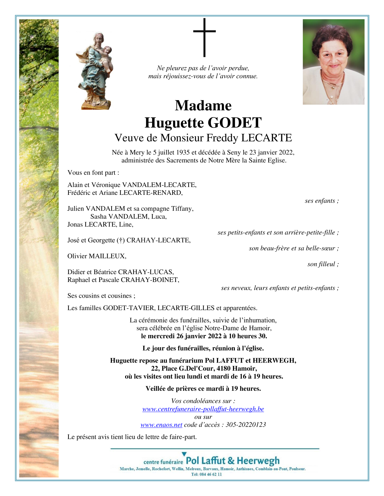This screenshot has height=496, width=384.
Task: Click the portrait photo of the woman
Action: click(x=333, y=62)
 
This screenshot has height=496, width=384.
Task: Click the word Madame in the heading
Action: click(x=203, y=105)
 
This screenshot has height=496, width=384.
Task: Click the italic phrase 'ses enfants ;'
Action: click(x=322, y=201)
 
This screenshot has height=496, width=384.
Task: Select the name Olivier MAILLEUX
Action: click(x=97, y=256)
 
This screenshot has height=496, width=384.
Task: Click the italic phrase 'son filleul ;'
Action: click(x=323, y=264)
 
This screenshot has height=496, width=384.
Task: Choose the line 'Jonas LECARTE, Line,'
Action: click(x=100, y=224)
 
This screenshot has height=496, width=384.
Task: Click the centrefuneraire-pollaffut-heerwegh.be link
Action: click(x=203, y=409)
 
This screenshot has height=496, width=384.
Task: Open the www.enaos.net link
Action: click(x=161, y=425)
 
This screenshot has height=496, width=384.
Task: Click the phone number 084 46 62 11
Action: click(x=210, y=474)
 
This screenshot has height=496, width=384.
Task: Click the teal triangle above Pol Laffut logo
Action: click(x=184, y=454)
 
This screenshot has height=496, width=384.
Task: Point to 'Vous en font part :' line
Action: click(x=93, y=173)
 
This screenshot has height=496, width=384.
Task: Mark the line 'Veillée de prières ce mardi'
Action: click(x=203, y=389)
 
